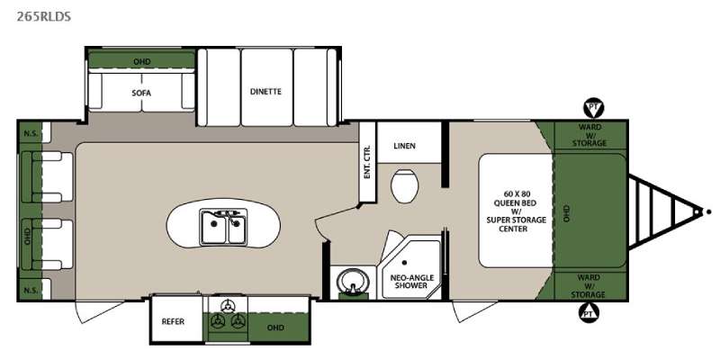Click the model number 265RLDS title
click(43, 17)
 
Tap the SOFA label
click(141, 94)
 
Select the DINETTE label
click(265, 92)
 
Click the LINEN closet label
click(404, 146)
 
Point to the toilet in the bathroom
click(404, 185)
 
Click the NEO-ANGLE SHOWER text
click(412, 282)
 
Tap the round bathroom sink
click(353, 282)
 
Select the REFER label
click(173, 321)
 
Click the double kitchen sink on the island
click(223, 227)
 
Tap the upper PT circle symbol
click(593, 108)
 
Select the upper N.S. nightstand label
click(30, 133)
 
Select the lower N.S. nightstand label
click(30, 290)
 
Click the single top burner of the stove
click(227, 306)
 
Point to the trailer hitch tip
click(698, 212)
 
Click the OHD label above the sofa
click(141, 61)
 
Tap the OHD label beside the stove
click(275, 328)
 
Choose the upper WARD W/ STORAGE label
click(589, 135)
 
